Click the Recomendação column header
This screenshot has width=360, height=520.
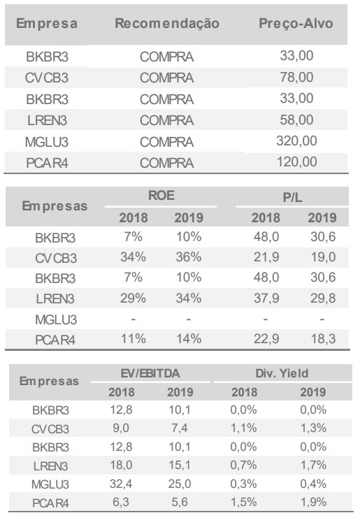167,24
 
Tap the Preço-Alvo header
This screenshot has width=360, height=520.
296,24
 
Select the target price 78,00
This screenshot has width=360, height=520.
296,78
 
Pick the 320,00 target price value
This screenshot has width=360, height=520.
296,141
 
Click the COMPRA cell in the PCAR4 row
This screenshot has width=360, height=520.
166,163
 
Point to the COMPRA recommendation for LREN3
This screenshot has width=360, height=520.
166,120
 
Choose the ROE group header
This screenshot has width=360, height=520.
161,195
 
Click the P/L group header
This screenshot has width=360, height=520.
292,197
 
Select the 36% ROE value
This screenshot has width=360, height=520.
189,257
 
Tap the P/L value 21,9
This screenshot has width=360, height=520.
266,257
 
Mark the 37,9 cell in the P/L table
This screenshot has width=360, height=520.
266,298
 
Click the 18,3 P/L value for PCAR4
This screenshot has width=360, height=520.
323,338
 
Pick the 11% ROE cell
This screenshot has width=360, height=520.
133,338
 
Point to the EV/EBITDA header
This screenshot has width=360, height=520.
150,373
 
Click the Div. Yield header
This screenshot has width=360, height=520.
282,373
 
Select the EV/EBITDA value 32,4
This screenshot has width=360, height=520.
121,484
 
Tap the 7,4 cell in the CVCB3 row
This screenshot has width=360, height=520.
180,428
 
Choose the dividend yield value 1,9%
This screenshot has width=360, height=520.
313,502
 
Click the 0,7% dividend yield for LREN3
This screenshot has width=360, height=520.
243,465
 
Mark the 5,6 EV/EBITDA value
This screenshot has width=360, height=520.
180,502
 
